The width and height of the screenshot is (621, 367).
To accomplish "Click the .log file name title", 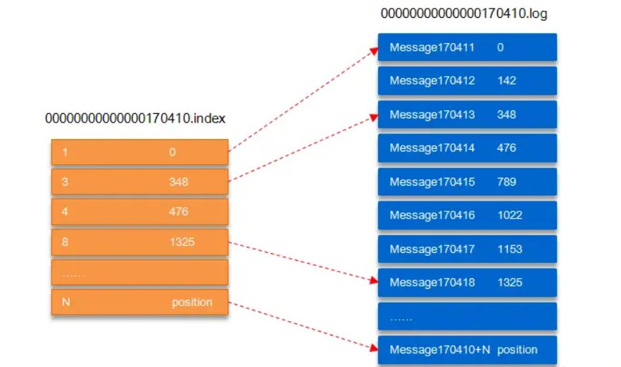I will click(x=463, y=14).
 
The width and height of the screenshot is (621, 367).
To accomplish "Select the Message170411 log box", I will click(x=467, y=47).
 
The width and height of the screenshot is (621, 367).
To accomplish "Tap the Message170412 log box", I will click(x=467, y=81).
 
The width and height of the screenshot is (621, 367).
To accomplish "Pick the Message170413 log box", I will click(x=467, y=115).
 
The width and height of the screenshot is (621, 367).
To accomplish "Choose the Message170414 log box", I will click(x=467, y=148).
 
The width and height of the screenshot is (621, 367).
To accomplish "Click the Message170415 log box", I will click(x=467, y=182).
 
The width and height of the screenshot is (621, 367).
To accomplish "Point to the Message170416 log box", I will click(x=467, y=215).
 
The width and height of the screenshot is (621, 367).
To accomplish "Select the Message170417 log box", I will click(x=467, y=249).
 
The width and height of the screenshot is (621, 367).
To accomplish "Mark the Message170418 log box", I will click(x=467, y=282).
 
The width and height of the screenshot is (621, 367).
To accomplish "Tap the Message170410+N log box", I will click(x=467, y=350).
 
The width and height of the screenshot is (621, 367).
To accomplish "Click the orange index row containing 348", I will click(x=140, y=182).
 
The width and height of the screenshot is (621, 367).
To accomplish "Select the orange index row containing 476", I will click(x=140, y=212).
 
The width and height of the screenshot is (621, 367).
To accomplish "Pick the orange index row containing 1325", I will click(x=140, y=242).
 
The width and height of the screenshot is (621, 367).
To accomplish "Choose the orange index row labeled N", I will click(x=140, y=302).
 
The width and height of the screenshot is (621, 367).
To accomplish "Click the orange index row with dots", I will click(x=140, y=272).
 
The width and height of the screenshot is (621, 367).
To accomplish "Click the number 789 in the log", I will click(x=506, y=182).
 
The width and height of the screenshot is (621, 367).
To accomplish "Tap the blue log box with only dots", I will click(x=467, y=316).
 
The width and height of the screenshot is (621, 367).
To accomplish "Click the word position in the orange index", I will click(x=192, y=302).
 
